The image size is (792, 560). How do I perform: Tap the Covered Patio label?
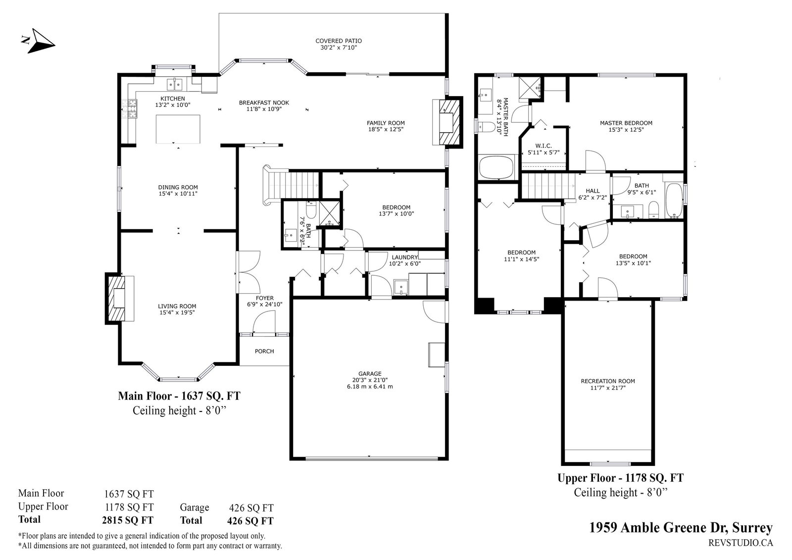339,41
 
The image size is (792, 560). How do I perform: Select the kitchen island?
178,129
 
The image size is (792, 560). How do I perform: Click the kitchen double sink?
175,84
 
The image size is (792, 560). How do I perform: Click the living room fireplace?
119,299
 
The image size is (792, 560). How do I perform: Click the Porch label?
264,351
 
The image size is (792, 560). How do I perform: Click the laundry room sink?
401,287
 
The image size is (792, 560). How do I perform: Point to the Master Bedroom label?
626,123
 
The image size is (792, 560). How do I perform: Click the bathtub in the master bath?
496,169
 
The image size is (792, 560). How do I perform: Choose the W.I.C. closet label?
543,146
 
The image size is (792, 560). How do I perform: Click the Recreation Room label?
608,381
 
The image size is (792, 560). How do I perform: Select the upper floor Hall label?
593,191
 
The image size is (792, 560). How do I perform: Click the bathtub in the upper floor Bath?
674,201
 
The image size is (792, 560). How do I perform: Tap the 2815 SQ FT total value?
128,520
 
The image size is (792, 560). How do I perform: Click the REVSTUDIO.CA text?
741,543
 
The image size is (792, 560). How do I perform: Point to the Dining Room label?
178,188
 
